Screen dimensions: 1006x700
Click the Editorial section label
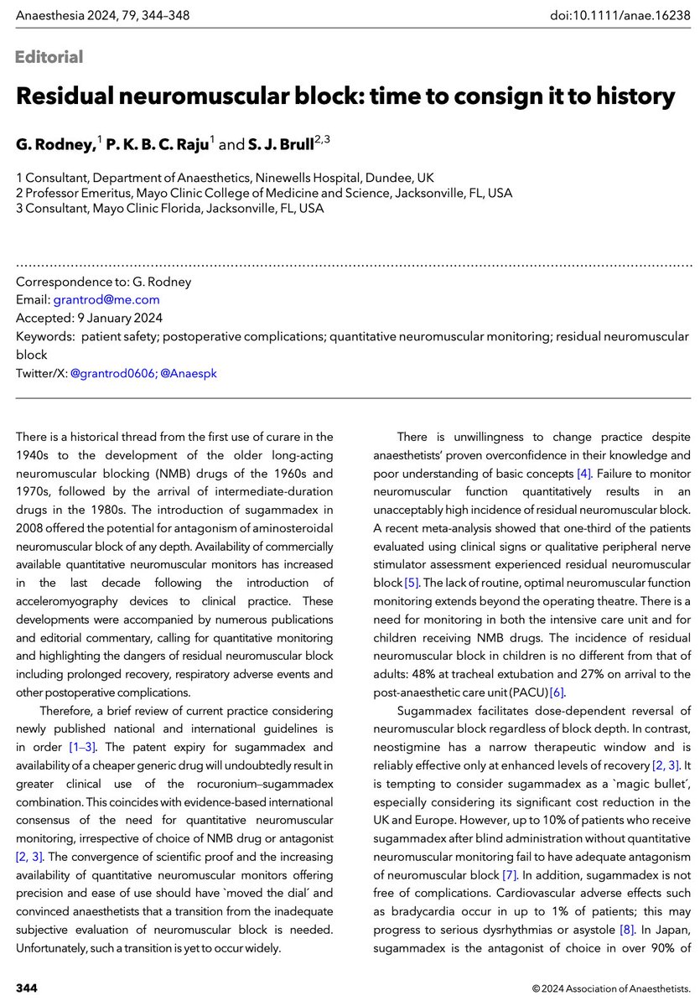point(49,57)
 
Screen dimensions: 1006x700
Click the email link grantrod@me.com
point(106,299)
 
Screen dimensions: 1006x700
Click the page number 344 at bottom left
point(27,983)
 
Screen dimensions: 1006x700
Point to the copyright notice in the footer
point(609,983)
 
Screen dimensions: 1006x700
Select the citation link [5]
point(412,583)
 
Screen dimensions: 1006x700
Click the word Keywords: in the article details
point(44,336)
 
